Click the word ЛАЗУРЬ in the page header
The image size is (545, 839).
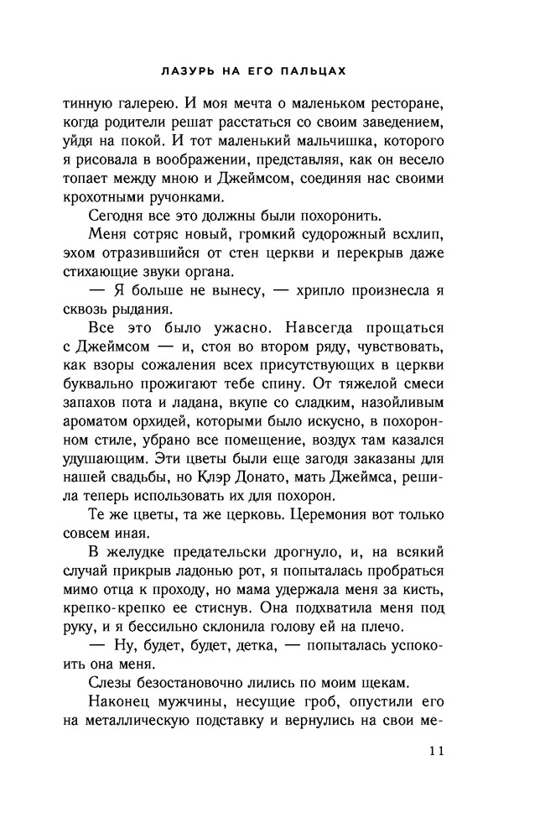coord(177,73)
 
